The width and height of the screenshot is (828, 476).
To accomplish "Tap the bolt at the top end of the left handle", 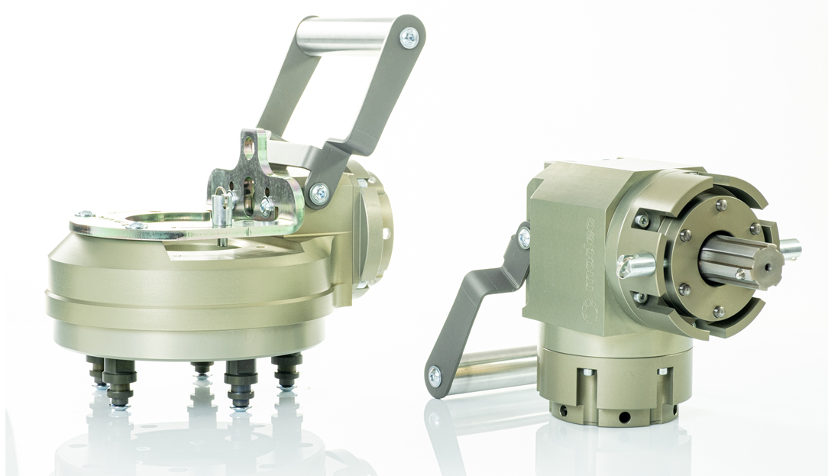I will [x=409, y=35].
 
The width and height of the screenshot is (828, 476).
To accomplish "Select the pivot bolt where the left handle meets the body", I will [x=319, y=192].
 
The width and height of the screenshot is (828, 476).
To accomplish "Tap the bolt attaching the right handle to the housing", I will [x=524, y=238].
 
